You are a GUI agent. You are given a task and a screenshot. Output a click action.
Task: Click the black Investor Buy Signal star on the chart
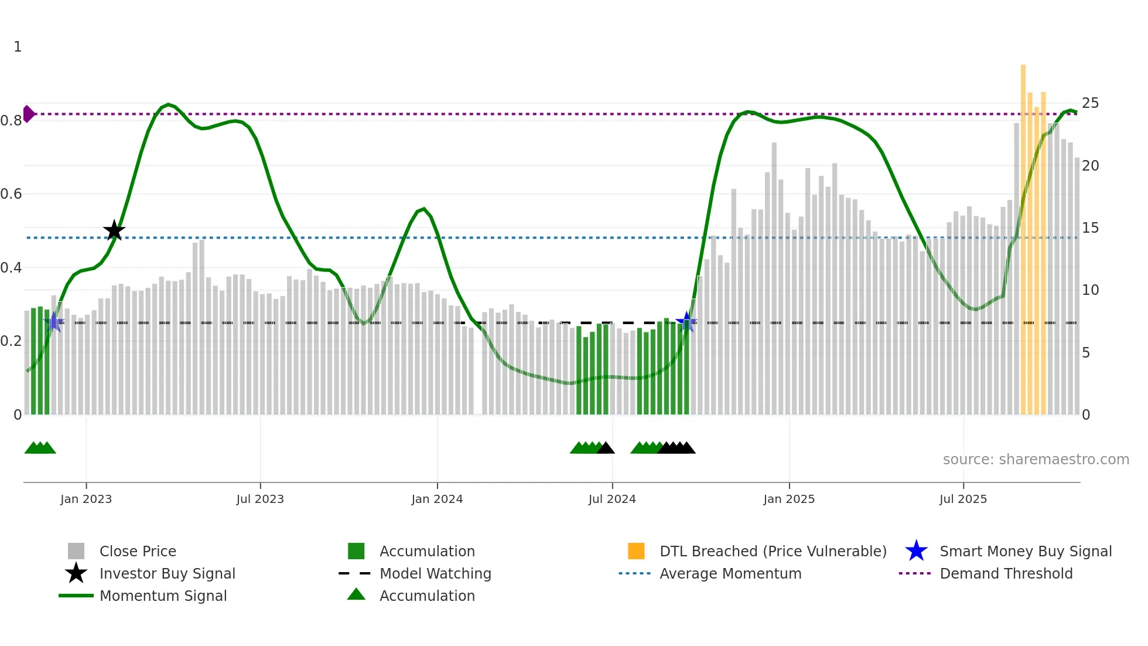coord(114,230)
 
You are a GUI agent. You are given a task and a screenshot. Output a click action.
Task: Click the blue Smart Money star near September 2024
coord(686,321)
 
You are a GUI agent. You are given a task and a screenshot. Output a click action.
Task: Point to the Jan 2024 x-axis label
coord(437,499)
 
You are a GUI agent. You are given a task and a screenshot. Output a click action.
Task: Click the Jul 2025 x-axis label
coord(963,499)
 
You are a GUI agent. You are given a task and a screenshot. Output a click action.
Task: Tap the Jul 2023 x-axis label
coord(260,499)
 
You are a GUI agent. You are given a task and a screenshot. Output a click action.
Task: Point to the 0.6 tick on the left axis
coord(12,193)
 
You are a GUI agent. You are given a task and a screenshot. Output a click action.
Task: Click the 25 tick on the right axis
coord(1090,103)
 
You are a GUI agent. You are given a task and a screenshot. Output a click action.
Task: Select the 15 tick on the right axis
coord(1090,227)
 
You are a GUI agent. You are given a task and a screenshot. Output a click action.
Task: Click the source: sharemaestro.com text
coord(1036,459)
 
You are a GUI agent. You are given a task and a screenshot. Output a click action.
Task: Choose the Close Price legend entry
coord(138,551)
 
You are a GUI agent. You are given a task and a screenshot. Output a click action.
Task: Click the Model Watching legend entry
coord(435,573)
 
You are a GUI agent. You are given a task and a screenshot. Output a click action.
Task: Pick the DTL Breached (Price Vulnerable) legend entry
coord(773,551)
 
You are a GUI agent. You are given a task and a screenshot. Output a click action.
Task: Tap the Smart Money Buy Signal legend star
coord(916,551)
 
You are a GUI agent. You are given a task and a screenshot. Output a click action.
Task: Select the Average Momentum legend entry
coord(730,573)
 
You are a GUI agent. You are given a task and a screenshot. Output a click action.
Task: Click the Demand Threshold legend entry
coord(1006,573)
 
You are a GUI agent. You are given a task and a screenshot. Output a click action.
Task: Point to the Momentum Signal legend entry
coord(163,596)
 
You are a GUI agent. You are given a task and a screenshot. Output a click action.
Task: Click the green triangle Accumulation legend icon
coord(356,594)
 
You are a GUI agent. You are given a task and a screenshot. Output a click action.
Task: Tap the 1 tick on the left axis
coord(18,46)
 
